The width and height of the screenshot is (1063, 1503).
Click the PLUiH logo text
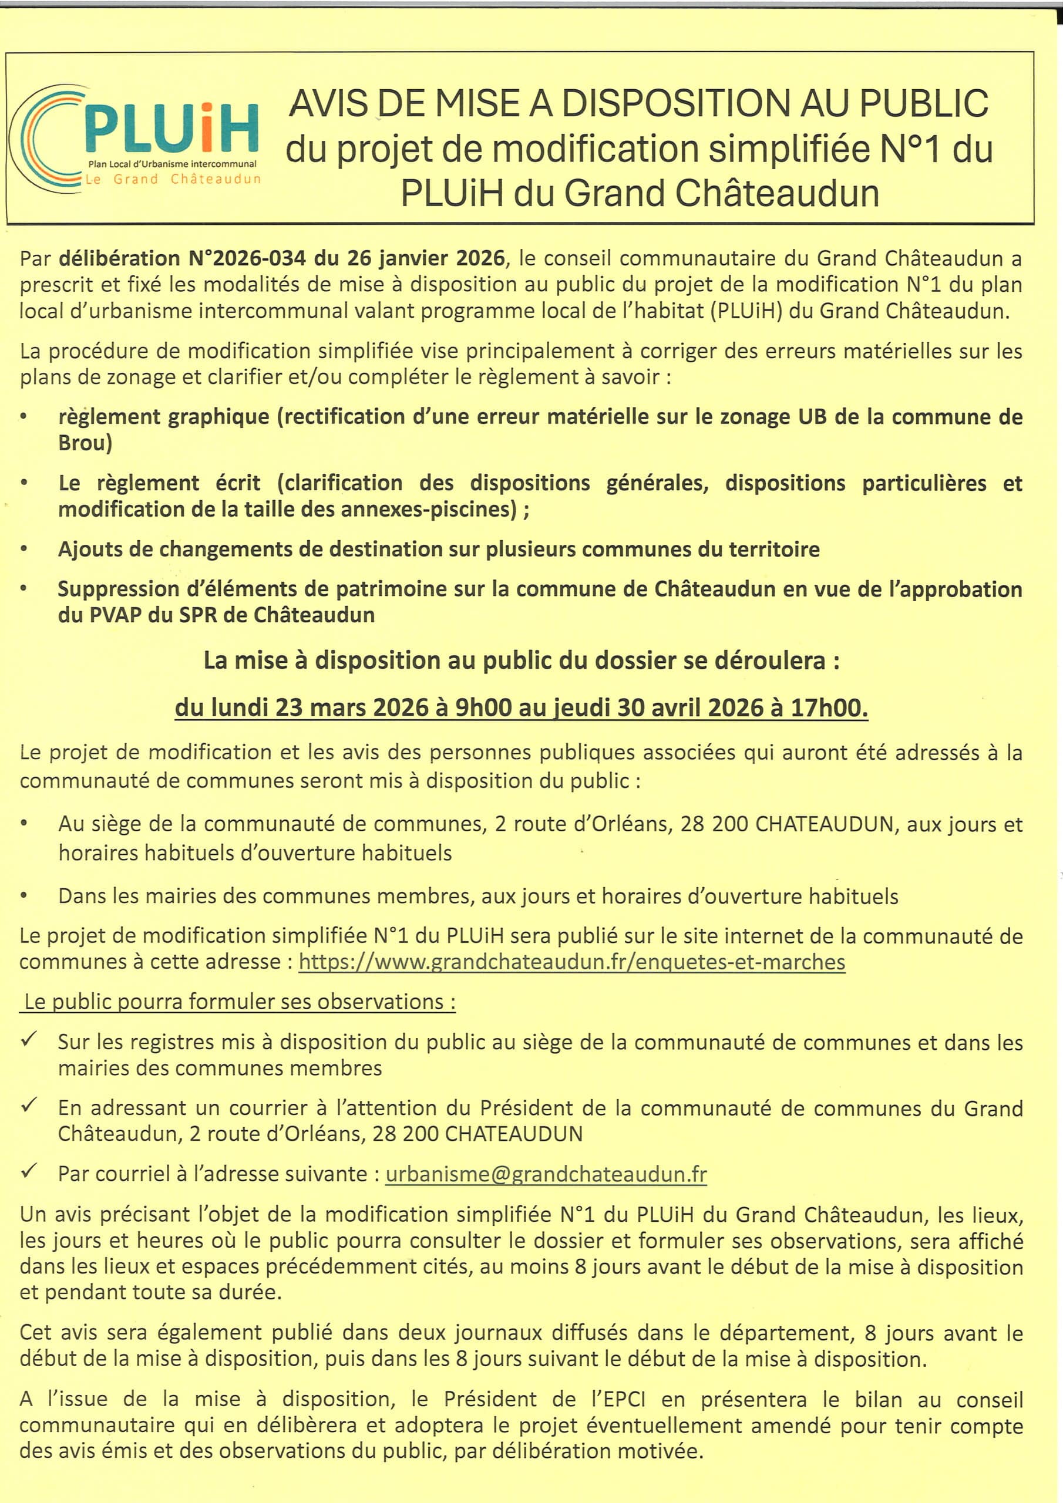click(171, 129)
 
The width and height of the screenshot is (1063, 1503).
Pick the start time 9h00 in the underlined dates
click(483, 707)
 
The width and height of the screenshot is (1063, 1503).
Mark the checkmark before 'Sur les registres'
click(29, 1040)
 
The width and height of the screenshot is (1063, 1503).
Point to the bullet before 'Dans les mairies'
click(24, 895)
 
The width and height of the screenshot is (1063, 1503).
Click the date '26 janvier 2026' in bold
click(426, 258)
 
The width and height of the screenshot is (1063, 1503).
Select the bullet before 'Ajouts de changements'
click(24, 548)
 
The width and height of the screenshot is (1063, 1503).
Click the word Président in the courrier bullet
click(527, 1108)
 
